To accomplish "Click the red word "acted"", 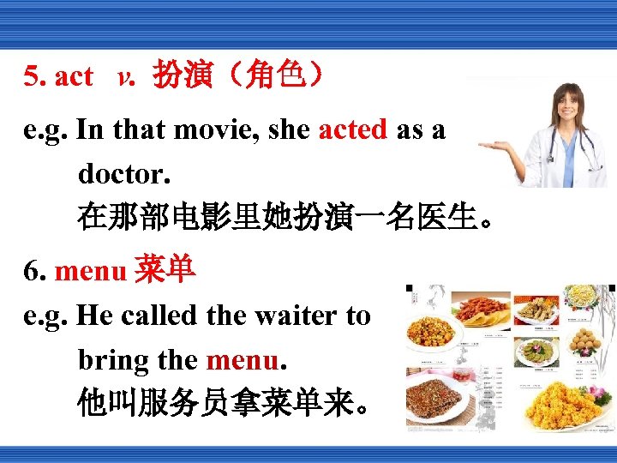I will click(353, 130).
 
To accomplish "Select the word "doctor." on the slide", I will click(124, 173).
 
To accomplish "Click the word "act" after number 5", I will click(74, 77).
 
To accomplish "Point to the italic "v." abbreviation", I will click(126, 77).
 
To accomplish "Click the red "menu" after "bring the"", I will click(242, 359).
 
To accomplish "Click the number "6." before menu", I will click(35, 273).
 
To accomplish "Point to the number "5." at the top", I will click(35, 77).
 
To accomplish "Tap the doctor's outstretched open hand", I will click(494, 146).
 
